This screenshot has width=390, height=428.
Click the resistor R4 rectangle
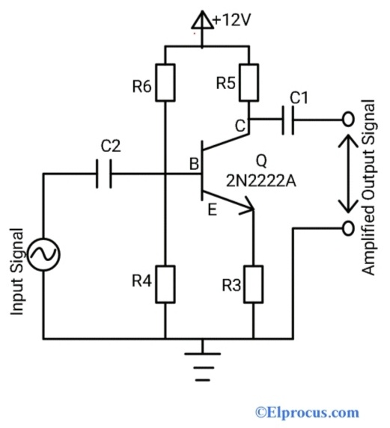(x=165, y=284)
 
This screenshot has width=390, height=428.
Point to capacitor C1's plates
(x=288, y=119)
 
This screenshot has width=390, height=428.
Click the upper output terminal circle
(x=347, y=119)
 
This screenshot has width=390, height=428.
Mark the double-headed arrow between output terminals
(x=347, y=173)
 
